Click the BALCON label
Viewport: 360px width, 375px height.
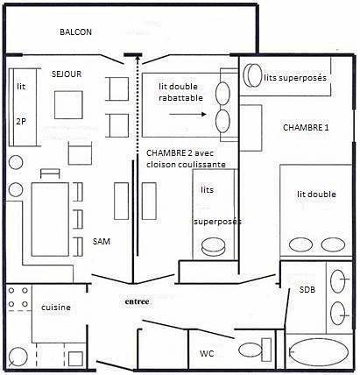(x=75, y=32)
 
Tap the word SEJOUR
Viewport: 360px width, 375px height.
(x=67, y=74)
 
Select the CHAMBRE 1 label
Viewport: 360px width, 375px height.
(x=306, y=128)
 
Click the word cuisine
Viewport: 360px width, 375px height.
(x=56, y=308)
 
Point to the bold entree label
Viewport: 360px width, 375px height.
(x=137, y=301)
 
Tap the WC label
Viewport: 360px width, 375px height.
(x=207, y=354)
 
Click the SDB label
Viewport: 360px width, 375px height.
(x=307, y=290)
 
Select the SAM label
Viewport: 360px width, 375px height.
(x=102, y=242)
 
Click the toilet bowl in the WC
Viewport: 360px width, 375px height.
(x=251, y=350)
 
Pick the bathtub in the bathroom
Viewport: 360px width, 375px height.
(x=319, y=353)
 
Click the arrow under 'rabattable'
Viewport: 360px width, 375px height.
(x=187, y=115)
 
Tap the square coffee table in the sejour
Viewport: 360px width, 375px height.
(x=68, y=105)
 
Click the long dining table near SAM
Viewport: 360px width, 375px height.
(x=50, y=219)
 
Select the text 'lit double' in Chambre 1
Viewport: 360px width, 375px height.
(x=316, y=195)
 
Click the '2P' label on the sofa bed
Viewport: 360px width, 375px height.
(x=21, y=121)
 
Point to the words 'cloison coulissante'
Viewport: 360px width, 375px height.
(x=186, y=165)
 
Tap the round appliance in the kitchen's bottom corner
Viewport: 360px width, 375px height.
(x=18, y=357)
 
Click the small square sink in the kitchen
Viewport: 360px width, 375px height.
(x=75, y=359)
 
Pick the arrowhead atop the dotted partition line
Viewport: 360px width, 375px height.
(x=137, y=59)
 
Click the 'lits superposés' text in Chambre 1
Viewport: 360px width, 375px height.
(x=295, y=78)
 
